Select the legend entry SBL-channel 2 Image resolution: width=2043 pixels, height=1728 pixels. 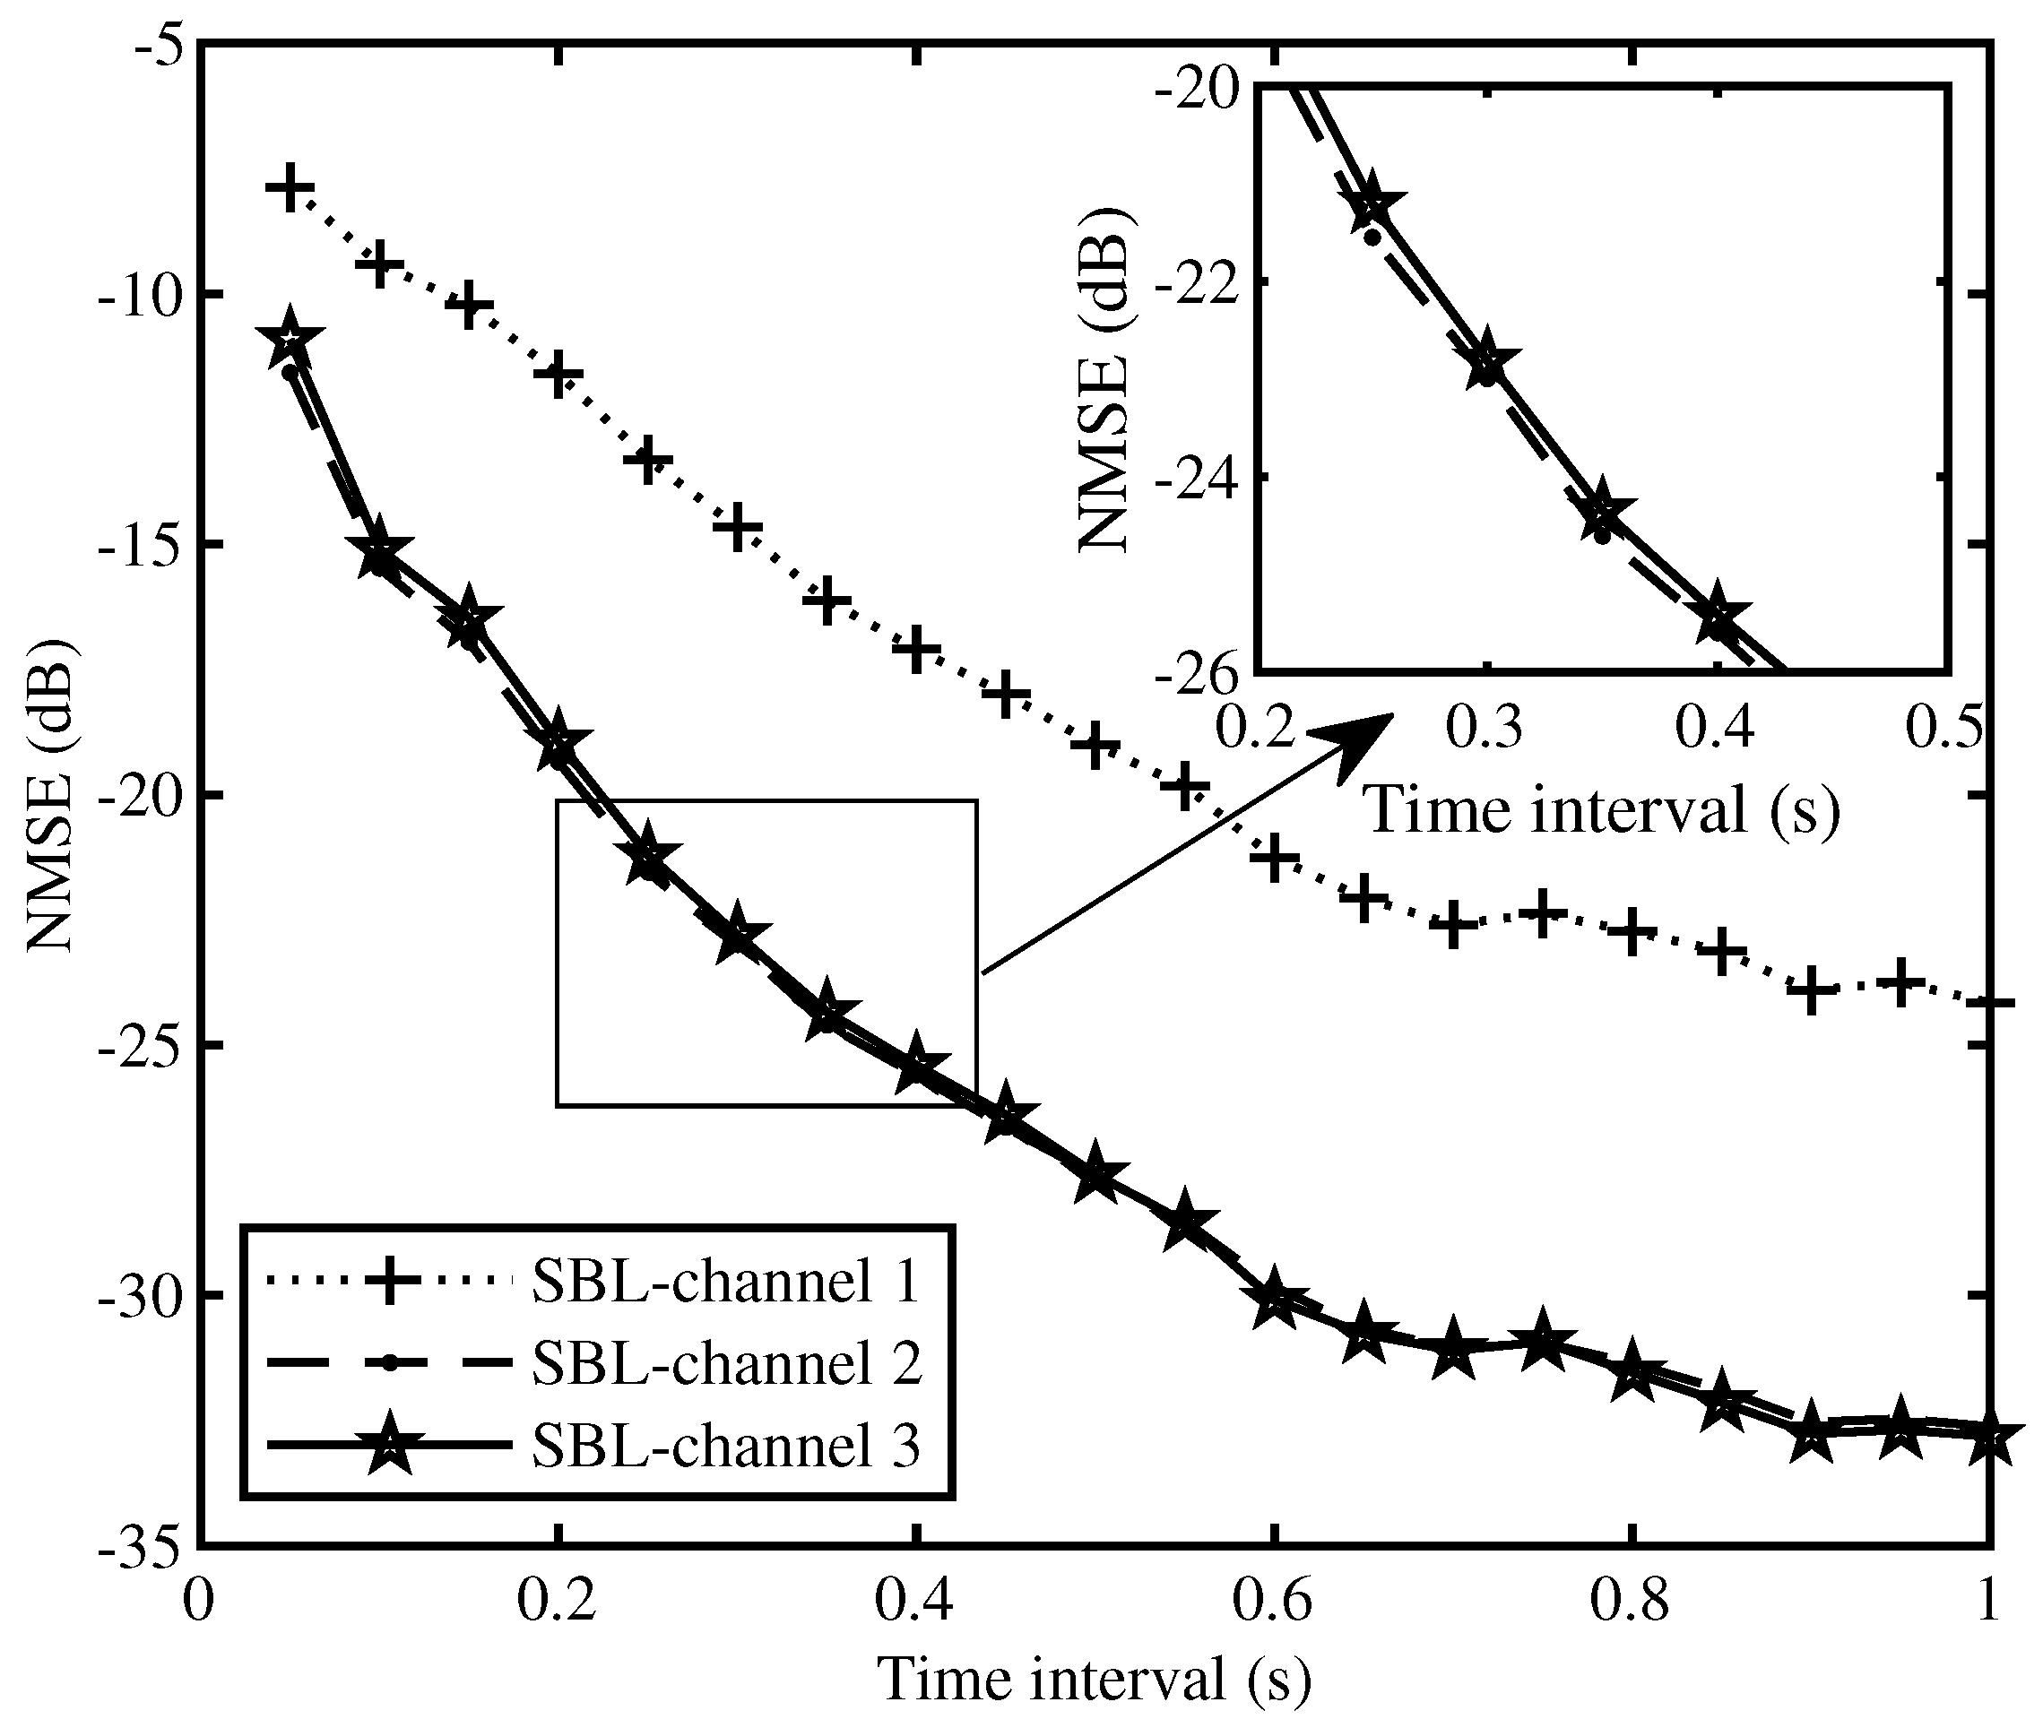pos(725,1362)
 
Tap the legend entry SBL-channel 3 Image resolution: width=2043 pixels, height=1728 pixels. pos(725,1444)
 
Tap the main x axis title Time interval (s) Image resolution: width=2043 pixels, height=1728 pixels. pos(1094,1679)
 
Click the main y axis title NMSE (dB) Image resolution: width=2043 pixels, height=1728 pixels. pos(49,794)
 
